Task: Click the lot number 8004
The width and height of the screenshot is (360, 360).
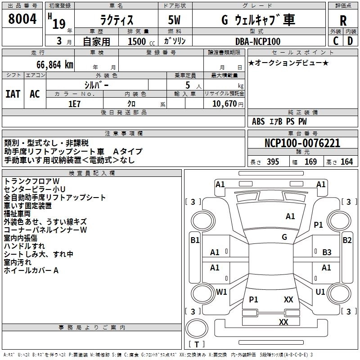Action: [x=22, y=19]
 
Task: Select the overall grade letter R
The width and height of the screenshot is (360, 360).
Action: [x=343, y=21]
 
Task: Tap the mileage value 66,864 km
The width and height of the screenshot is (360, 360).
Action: [x=55, y=65]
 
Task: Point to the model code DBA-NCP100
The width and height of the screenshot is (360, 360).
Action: [x=258, y=41]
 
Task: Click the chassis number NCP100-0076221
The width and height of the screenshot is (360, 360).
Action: [x=302, y=143]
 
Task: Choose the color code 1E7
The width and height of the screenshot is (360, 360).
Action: [x=74, y=104]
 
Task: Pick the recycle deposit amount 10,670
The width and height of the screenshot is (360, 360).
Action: [x=225, y=104]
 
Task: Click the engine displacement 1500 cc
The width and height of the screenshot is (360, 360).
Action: [x=141, y=41]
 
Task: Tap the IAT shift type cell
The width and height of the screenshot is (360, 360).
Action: [x=13, y=94]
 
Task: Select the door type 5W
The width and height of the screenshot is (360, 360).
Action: [x=174, y=20]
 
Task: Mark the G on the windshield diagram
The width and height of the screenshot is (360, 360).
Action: [x=284, y=237]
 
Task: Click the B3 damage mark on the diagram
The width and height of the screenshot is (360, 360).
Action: [x=327, y=252]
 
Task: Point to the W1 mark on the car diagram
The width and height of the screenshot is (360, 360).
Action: [x=221, y=292]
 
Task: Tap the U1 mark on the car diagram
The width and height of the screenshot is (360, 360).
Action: [x=320, y=292]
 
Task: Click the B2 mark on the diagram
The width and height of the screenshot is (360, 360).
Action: [x=347, y=240]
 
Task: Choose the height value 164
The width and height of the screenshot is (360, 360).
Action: [x=346, y=162]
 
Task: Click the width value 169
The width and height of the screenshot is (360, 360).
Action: [x=310, y=162]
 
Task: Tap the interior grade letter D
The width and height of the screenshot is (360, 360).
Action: [x=350, y=41]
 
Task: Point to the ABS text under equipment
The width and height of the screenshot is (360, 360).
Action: [x=258, y=121]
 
